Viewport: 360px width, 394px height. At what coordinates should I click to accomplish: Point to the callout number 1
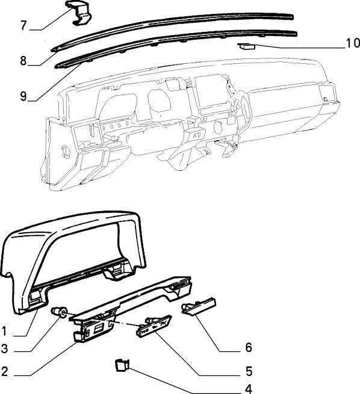[5, 331]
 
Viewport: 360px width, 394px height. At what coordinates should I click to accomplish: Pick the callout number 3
[5, 348]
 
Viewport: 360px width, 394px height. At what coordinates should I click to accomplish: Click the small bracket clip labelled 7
[78, 14]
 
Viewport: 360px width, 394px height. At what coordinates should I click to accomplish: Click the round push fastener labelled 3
[61, 312]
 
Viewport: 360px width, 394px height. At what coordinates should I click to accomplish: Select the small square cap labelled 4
[120, 364]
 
